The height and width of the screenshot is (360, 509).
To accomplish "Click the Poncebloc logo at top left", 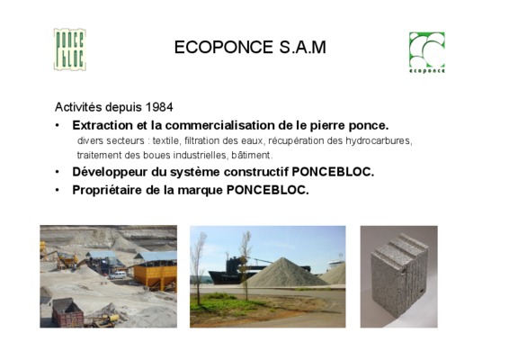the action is click(70, 49).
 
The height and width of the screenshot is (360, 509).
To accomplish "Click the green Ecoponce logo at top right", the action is click(427, 52).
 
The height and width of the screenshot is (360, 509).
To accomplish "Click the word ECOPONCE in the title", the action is click(224, 47).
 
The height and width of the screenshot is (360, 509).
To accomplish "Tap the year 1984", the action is click(159, 107).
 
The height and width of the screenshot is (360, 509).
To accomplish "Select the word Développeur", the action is click(110, 172).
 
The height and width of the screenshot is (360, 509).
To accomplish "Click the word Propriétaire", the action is click(107, 190).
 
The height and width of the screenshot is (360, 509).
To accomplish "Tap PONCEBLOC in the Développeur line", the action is click(333, 172).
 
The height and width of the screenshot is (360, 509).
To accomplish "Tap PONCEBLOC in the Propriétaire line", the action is click(267, 190).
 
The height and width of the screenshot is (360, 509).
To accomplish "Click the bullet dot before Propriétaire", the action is click(58, 190).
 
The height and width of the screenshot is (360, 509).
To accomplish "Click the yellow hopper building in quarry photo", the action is click(156, 274).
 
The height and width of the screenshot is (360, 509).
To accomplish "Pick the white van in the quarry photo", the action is click(117, 275).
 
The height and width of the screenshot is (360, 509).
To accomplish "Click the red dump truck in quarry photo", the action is click(67, 312).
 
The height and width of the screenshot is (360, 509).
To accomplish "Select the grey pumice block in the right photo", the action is click(399, 274).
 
